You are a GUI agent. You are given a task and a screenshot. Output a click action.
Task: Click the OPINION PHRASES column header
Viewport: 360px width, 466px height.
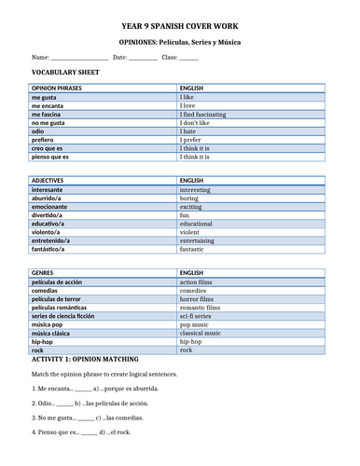[57, 89]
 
